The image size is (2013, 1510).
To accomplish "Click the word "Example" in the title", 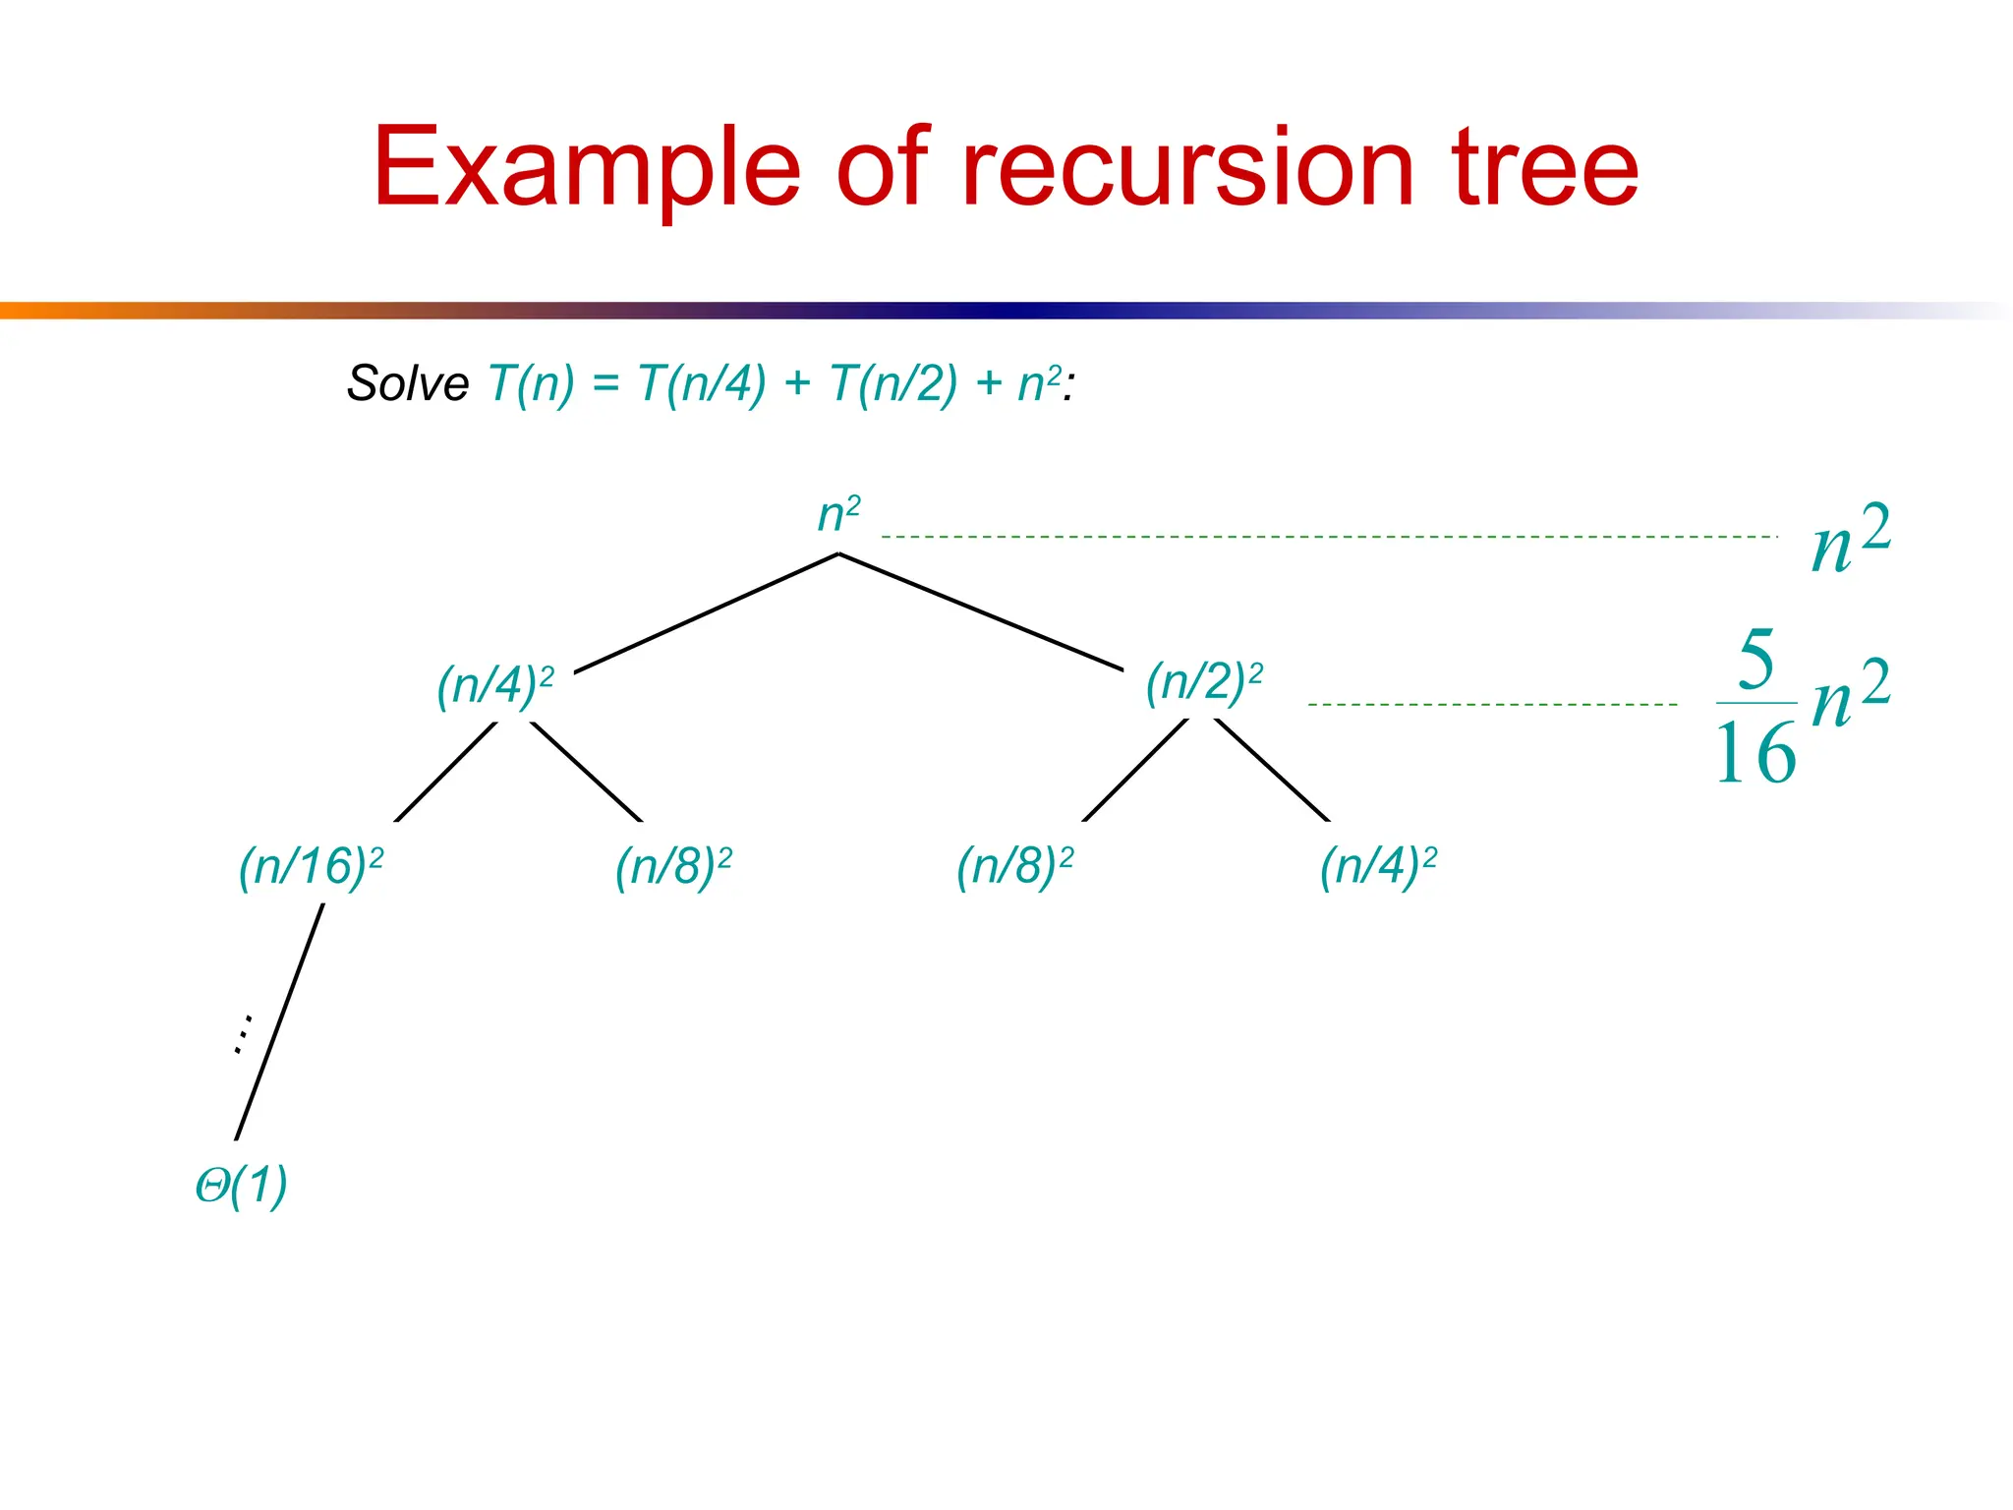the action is point(587,169).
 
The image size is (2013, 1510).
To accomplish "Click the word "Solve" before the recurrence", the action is point(408,383).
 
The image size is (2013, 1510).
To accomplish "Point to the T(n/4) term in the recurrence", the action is point(702,383).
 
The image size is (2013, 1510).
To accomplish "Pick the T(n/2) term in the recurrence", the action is point(893,383).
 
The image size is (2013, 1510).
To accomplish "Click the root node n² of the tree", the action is point(838,514).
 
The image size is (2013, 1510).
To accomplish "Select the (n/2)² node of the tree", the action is point(1204,682).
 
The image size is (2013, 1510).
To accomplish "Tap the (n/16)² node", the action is point(311,867).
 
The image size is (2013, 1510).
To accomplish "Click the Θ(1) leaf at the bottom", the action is point(242,1186).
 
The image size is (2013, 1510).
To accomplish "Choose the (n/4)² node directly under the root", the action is point(495,685).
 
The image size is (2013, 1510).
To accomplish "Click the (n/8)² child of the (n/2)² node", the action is point(1015,867).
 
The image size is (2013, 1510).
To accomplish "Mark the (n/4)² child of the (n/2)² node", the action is point(1378,867).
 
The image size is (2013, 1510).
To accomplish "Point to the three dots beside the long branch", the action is point(243,1034).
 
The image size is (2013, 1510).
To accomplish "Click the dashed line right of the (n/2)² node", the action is point(1492,705).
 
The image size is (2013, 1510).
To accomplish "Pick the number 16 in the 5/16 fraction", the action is point(1755,754).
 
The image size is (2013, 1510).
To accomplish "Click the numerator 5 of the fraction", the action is point(1756,660).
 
